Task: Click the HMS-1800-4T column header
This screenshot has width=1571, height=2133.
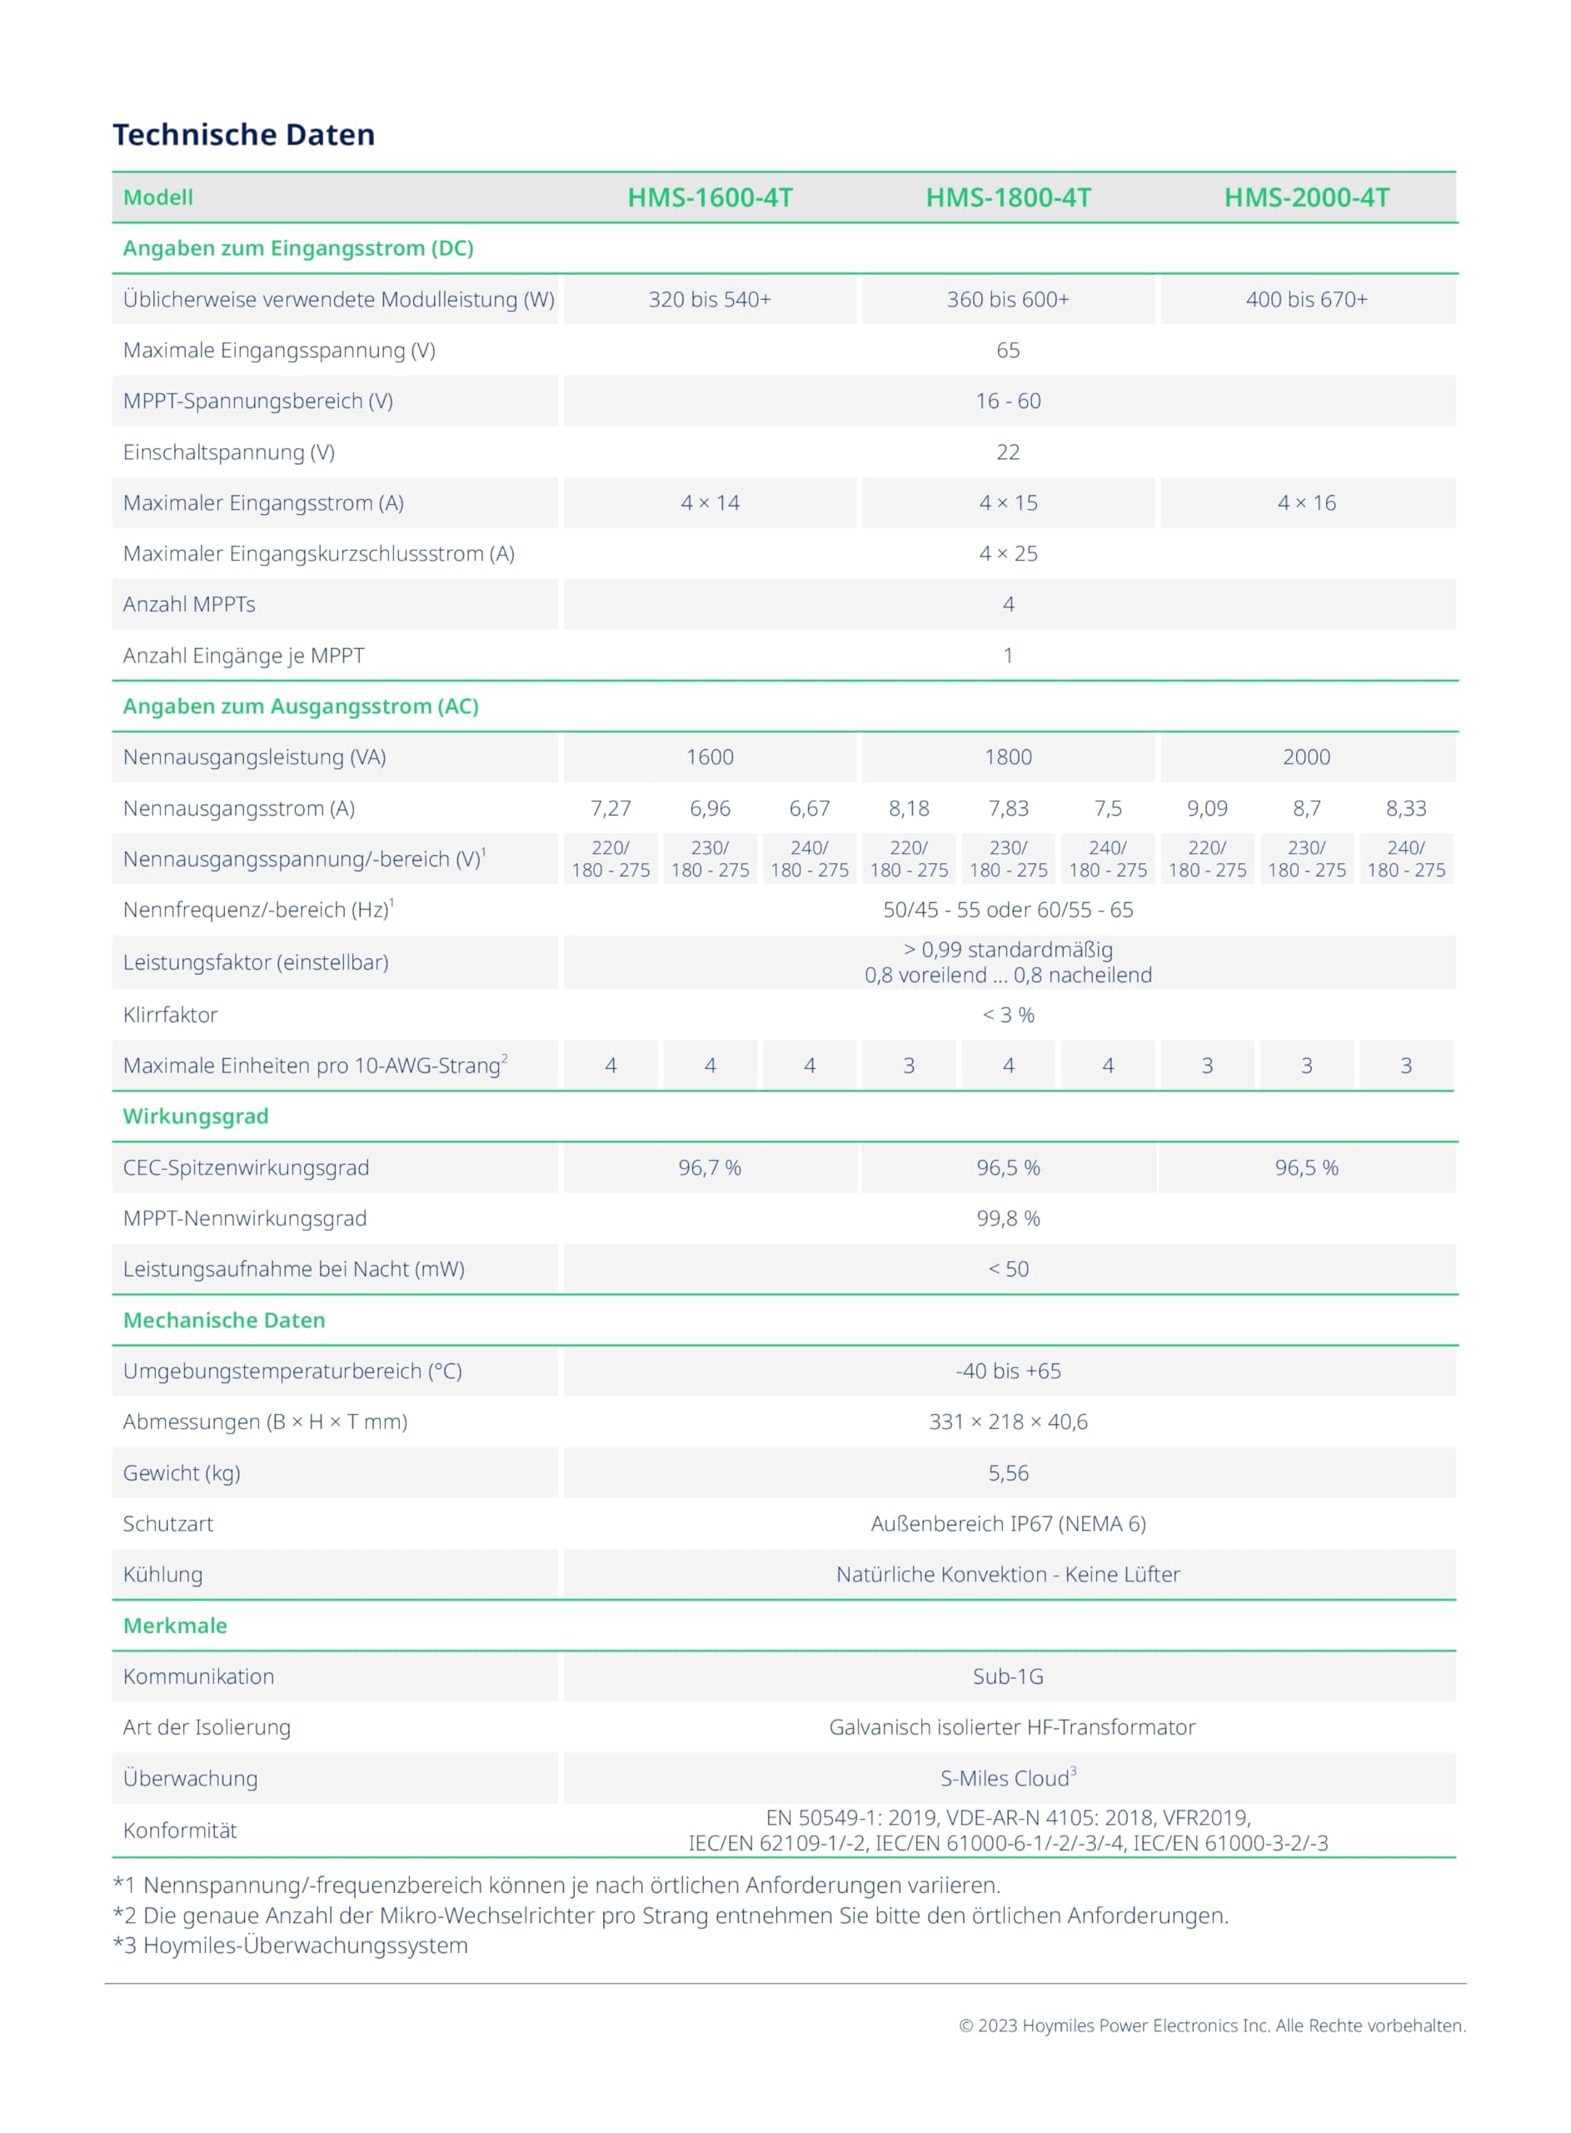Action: coord(1008,197)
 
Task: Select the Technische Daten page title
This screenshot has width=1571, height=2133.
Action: coord(243,135)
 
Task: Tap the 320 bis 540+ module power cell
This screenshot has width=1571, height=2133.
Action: coord(710,300)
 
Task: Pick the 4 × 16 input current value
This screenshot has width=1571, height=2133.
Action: coord(1307,503)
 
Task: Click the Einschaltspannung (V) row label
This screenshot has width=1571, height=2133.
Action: coord(228,452)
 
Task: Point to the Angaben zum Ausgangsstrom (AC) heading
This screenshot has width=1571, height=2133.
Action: coord(301,707)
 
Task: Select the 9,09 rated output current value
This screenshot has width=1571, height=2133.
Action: coord(1207,808)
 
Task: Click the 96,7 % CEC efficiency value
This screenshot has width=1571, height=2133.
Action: coord(710,1168)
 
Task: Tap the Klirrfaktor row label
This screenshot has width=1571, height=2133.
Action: coord(170,1015)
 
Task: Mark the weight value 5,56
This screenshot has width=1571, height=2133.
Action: coord(1008,1473)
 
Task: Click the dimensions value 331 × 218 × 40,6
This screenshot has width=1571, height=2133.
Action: coord(1008,1421)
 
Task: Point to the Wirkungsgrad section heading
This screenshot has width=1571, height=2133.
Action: coord(196,1116)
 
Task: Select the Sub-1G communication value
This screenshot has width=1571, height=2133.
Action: coord(1008,1676)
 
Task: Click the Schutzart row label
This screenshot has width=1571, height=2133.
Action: coord(168,1523)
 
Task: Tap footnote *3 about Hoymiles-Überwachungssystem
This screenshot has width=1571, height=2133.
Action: coord(290,1946)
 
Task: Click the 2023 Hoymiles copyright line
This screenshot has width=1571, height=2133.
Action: coord(1211,2026)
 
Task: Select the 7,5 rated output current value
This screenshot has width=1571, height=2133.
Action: coord(1108,808)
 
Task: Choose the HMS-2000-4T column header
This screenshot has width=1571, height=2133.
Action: coord(1307,197)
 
